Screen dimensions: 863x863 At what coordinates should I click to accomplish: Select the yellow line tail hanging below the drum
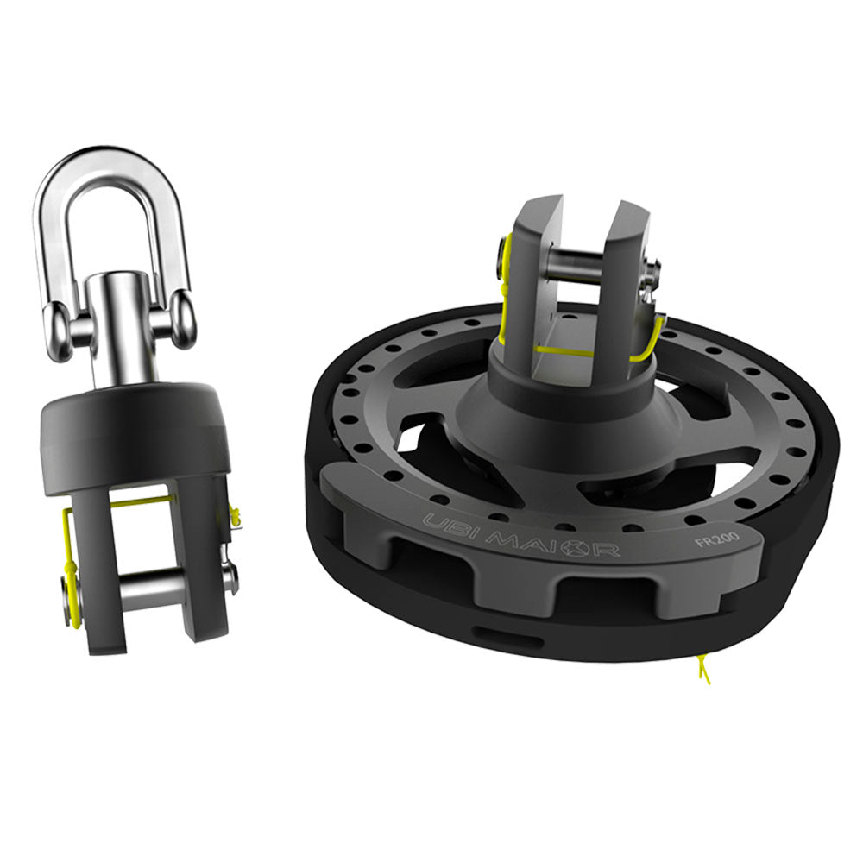coord(703,669)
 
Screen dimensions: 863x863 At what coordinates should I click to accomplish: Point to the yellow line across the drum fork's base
coord(565,351)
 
